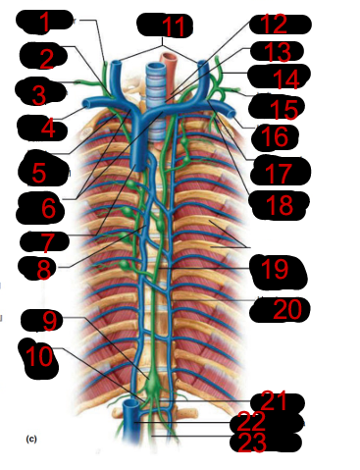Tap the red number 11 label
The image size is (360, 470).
173,26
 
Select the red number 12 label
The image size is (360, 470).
274,24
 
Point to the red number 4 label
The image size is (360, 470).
48,129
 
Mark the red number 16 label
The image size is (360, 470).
275,137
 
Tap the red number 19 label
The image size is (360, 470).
275,269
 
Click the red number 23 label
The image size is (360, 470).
252,443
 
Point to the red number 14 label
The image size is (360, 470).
286,79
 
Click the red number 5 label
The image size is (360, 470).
39,173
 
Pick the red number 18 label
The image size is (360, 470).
280,205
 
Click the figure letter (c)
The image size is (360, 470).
31,439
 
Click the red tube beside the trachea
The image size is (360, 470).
169,71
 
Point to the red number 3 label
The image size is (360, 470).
39,95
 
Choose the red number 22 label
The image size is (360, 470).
251,421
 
